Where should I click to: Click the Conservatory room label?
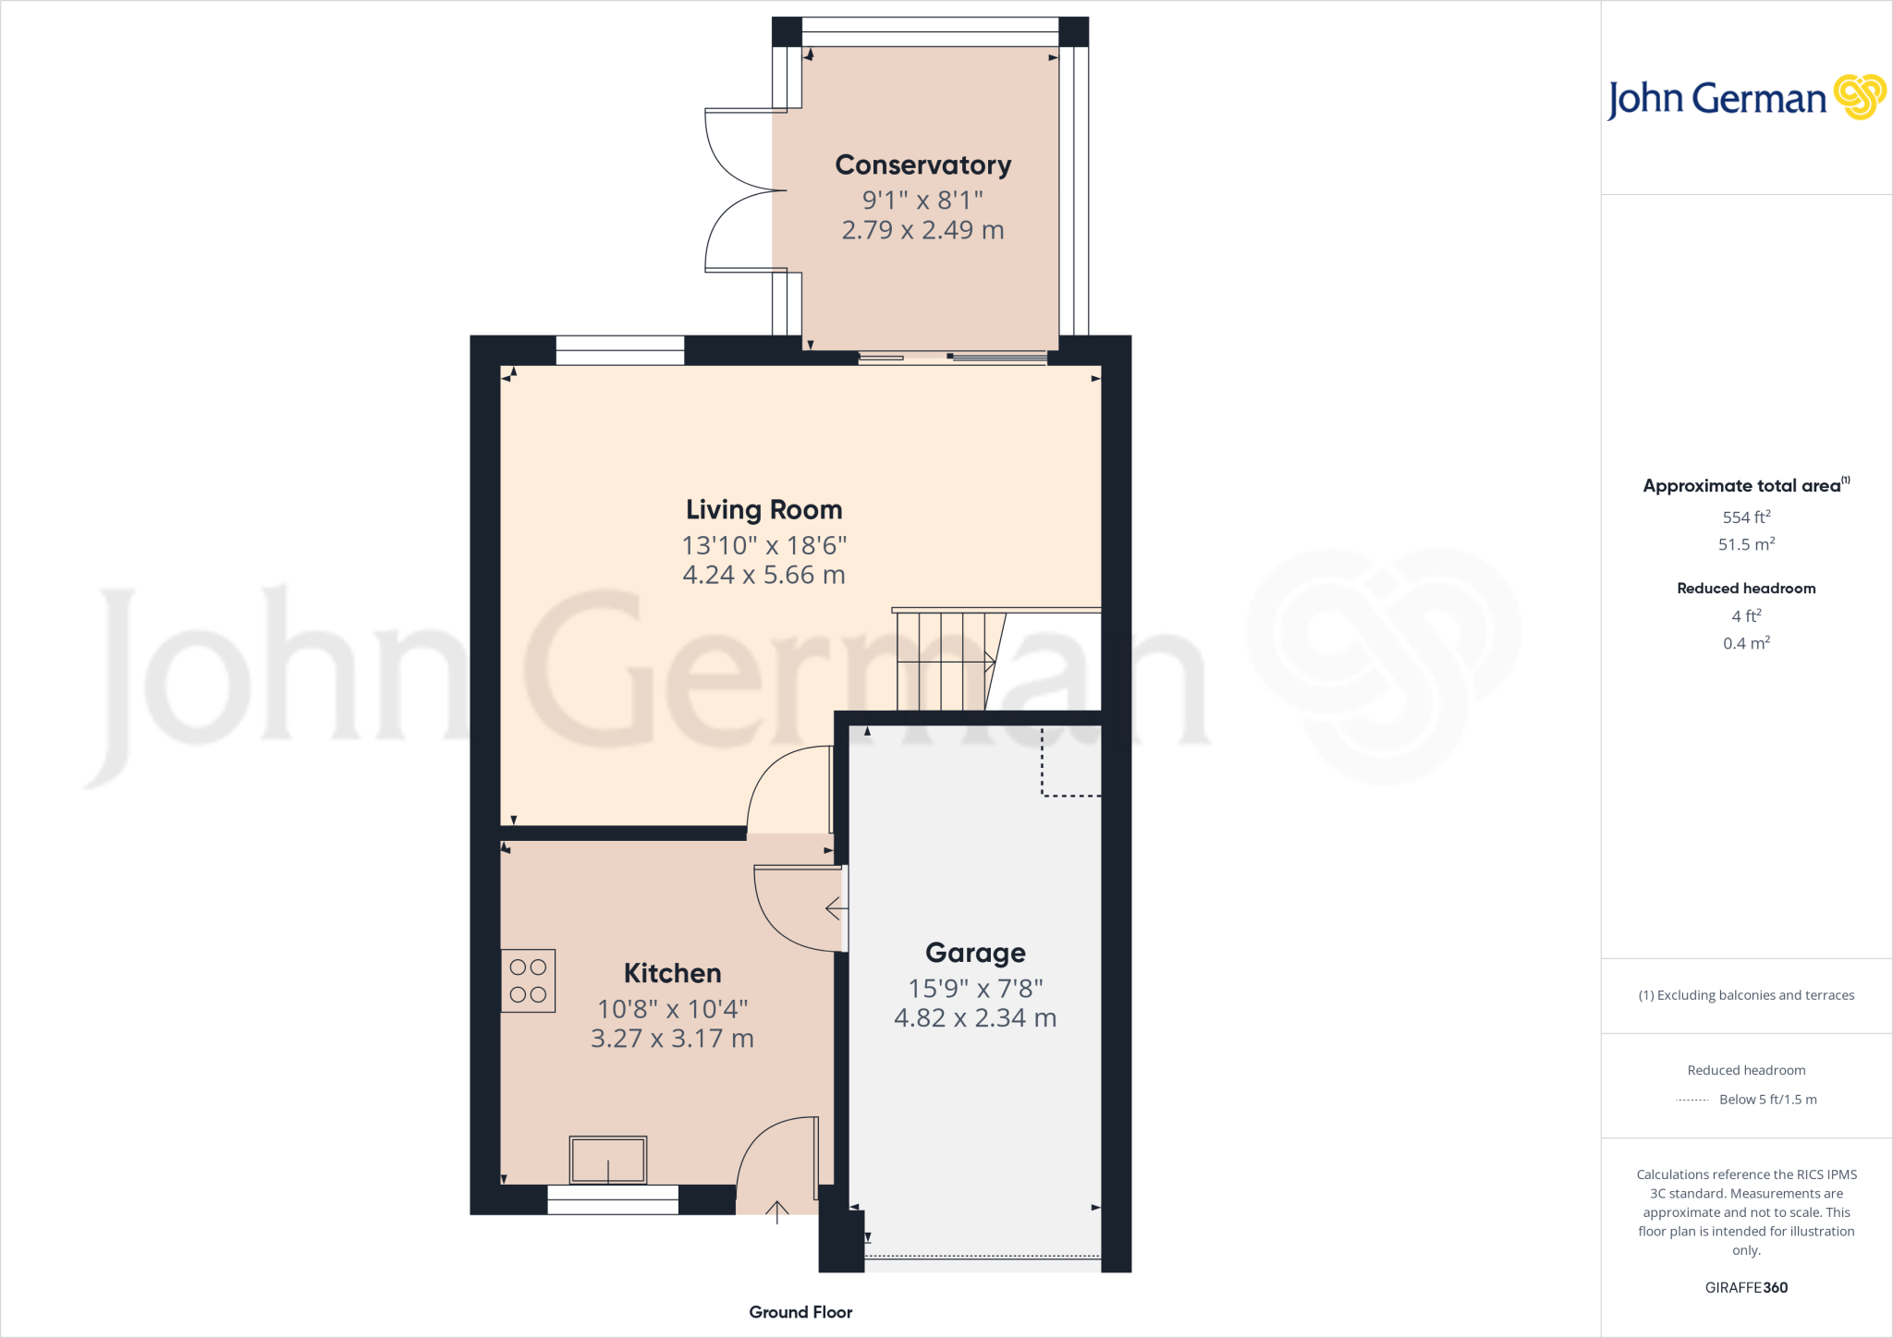[922, 165]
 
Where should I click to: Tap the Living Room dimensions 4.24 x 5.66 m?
[763, 575]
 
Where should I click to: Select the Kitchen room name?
[672, 973]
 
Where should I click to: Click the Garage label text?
[975, 953]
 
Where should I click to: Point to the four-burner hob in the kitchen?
[528, 980]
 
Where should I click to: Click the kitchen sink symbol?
[607, 1160]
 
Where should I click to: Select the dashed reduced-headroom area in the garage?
[1071, 761]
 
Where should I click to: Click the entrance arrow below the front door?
[776, 1212]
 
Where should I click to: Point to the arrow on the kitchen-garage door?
[836, 908]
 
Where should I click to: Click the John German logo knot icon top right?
[1859, 97]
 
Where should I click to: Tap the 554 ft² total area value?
[1745, 517]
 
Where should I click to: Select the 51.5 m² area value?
[1745, 544]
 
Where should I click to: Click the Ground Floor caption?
[800, 1312]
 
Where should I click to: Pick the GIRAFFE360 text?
[1745, 1287]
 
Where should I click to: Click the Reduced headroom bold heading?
[1745, 589]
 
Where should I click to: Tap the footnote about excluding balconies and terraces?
[1745, 995]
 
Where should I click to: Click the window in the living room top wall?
[619, 351]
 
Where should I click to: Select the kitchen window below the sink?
[613, 1199]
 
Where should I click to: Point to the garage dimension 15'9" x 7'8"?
[975, 989]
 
